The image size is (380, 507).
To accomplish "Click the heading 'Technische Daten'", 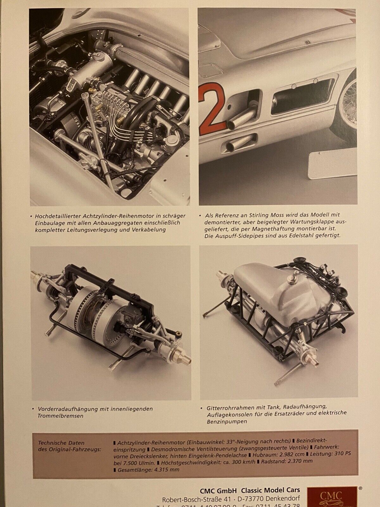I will coord(61,443).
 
